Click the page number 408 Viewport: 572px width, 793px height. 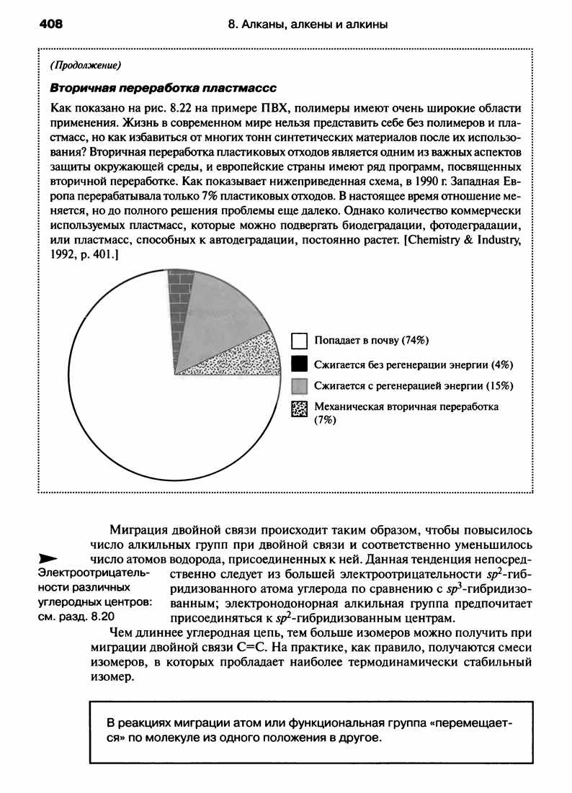pos(51,24)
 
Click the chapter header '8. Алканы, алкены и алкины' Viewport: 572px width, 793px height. pos(308,25)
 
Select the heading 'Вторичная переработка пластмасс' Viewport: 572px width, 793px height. pos(162,87)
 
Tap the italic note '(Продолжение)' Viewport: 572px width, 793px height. pos(84,66)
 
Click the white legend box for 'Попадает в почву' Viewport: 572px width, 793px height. pos(300,340)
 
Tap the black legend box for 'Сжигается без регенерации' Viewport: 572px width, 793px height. pos(300,363)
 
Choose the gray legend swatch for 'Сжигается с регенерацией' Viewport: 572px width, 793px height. pos(300,385)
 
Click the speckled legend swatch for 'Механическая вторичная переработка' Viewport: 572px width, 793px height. pos(300,410)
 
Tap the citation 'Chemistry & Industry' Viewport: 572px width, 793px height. pos(461,239)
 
